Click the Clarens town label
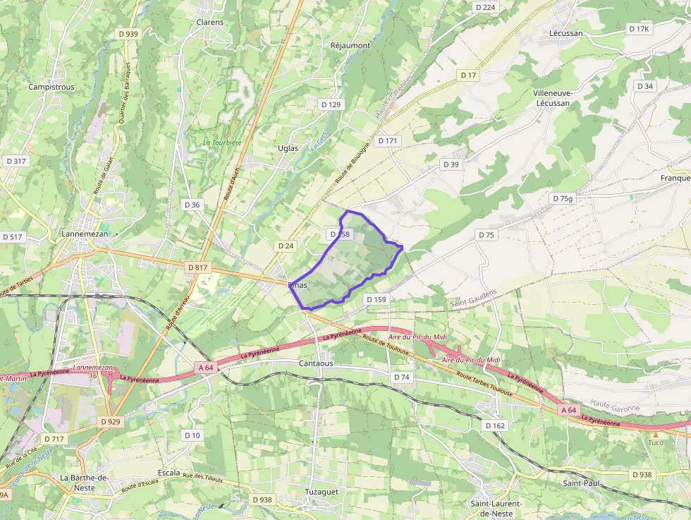click(209, 22)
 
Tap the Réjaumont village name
click(350, 45)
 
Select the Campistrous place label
click(51, 87)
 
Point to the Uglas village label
click(288, 148)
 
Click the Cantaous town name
click(316, 363)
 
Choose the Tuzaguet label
click(322, 491)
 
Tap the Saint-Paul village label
click(581, 483)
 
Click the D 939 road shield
click(128, 34)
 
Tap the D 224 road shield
click(486, 7)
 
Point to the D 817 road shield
click(199, 268)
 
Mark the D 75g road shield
click(563, 199)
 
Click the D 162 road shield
click(495, 425)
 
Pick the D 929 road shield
click(111, 421)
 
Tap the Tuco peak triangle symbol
click(655, 434)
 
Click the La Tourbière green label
click(222, 142)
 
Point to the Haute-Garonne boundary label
click(615, 407)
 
